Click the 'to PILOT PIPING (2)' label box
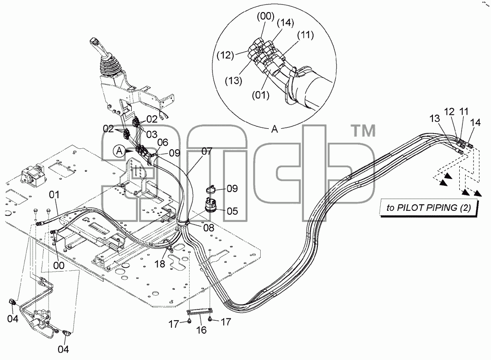tap(429, 208)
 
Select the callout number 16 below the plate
tap(201, 330)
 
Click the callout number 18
tap(160, 264)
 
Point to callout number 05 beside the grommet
tap(233, 211)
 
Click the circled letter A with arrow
tap(119, 151)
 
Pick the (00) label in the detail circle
tap(266, 16)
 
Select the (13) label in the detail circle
tap(233, 81)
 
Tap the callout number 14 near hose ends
tap(475, 122)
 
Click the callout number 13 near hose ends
tap(435, 118)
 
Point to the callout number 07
tap(207, 152)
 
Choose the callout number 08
tap(209, 228)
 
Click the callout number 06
tap(162, 142)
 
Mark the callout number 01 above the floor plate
tap(54, 195)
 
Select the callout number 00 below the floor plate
tap(58, 265)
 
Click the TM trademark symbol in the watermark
tap(364, 131)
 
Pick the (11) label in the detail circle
tap(305, 35)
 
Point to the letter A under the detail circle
tap(275, 129)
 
